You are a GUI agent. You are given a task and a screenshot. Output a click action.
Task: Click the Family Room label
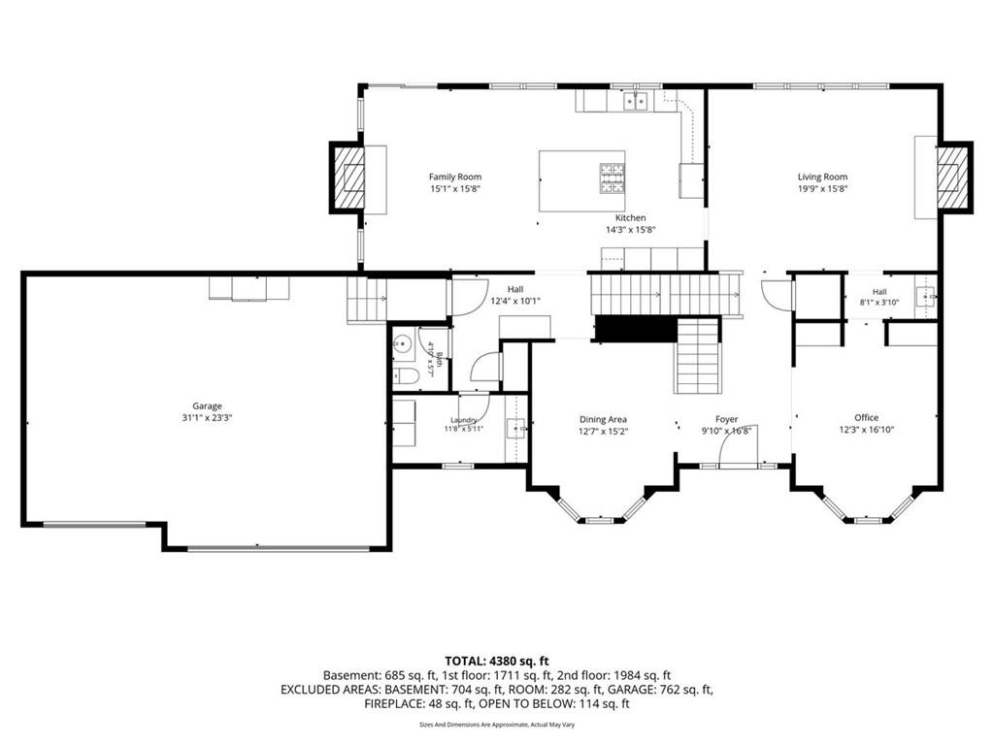454,178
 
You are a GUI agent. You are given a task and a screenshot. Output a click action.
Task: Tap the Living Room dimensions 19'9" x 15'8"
822,189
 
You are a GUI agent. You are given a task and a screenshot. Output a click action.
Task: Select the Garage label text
208,406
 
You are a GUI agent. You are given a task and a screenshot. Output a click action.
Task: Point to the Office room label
866,417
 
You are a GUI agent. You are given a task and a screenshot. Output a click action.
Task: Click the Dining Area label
603,419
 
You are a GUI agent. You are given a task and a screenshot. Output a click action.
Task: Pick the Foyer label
726,419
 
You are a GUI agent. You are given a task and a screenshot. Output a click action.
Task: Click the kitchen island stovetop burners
613,178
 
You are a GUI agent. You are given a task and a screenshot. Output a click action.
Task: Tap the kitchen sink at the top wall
635,101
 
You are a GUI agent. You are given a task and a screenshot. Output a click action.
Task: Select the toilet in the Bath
406,377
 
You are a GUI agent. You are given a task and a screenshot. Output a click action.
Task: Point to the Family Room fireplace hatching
348,177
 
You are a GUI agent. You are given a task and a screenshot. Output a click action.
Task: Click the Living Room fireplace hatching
953,177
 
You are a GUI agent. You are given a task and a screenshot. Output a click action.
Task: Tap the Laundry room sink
515,428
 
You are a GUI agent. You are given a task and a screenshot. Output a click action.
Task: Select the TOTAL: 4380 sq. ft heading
496,662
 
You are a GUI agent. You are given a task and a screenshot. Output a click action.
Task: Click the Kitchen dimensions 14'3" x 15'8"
630,229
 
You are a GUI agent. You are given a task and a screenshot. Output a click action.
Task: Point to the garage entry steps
366,301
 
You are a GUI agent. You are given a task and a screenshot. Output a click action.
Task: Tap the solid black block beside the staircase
636,330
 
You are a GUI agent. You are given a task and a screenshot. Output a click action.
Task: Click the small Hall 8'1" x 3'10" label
879,297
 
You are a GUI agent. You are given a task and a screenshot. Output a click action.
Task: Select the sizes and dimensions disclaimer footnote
497,724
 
